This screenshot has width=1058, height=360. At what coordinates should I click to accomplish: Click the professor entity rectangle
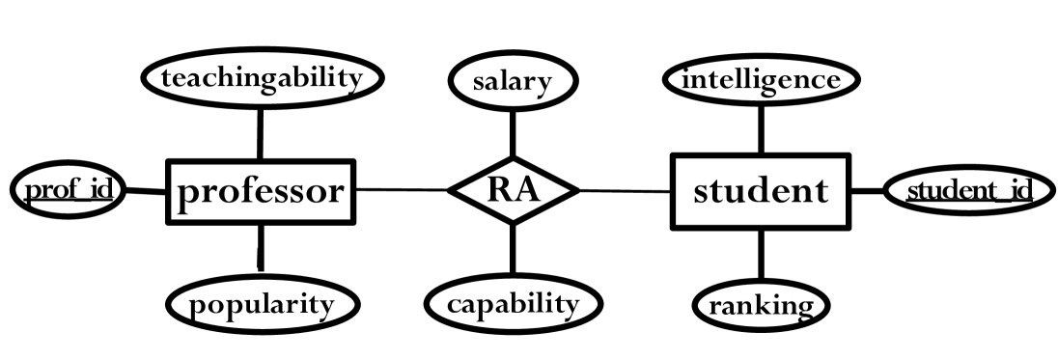pos(260,191)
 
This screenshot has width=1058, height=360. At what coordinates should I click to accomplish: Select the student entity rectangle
pos(760,191)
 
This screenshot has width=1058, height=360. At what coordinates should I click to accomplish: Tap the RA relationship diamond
pos(513,190)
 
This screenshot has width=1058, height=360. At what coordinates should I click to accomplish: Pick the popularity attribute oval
pos(261,305)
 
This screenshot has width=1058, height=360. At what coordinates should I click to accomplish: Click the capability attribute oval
pos(513,304)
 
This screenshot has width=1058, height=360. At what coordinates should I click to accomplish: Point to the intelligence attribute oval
pos(761,79)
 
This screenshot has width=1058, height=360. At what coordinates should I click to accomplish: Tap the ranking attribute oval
pos(761,306)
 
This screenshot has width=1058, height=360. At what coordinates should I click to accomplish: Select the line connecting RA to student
pos(625,191)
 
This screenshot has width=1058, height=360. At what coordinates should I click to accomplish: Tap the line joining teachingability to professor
pos(260,132)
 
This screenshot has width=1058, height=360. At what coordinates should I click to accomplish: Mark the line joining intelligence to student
pos(761,129)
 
